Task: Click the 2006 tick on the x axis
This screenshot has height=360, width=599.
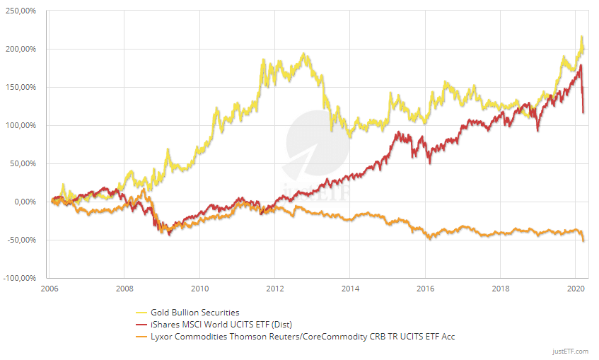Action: (50, 289)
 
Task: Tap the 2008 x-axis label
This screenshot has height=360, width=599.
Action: (124, 289)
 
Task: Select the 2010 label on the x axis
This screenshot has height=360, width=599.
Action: (200, 289)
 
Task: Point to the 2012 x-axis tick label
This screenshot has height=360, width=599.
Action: (275, 289)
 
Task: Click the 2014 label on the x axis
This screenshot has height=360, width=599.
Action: (350, 289)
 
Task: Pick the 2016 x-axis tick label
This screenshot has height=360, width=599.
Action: (425, 289)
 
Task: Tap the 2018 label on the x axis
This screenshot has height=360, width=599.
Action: (501, 289)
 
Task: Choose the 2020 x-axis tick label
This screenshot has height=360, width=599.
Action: (576, 289)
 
